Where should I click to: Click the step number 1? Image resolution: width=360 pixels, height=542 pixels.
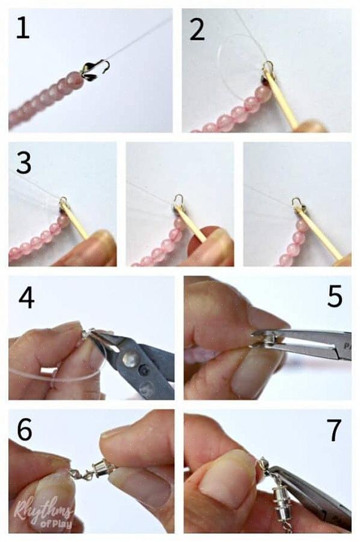point(23,29)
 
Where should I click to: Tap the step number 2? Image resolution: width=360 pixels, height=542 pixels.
point(197,30)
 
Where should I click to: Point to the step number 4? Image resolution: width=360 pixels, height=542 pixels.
point(27,298)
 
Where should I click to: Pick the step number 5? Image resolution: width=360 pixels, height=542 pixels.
point(335,296)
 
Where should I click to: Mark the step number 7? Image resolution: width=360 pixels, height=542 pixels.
point(333,430)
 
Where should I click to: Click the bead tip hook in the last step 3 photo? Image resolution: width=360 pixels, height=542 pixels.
point(297,202)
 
